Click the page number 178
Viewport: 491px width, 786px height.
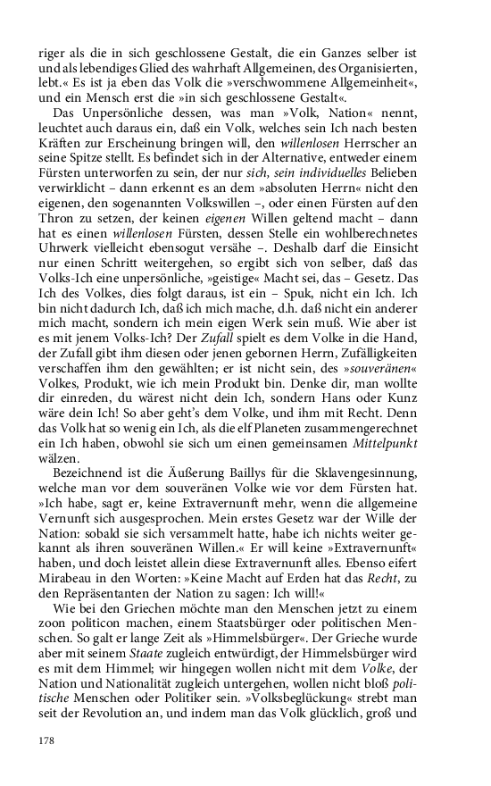coord(46,740)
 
